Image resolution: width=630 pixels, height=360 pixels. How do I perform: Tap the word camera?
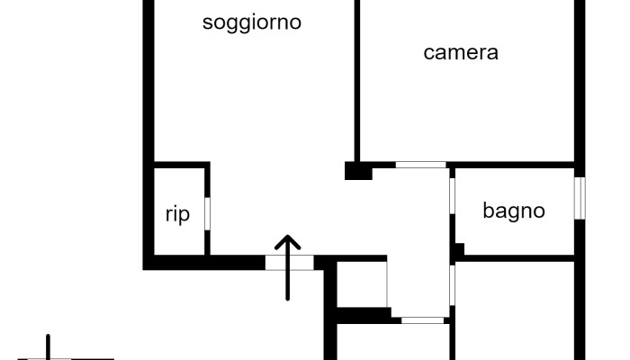[x=461, y=52]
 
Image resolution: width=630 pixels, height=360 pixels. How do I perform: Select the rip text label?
[x=177, y=214]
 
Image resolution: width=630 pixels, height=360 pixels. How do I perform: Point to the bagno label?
[x=514, y=211]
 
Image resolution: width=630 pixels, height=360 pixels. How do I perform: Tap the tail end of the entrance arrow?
[x=287, y=297]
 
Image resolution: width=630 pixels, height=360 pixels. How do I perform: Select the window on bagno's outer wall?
[x=580, y=197]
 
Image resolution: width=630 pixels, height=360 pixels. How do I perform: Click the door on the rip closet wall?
[x=207, y=212]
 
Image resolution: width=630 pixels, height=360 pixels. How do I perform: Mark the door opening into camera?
[x=421, y=165]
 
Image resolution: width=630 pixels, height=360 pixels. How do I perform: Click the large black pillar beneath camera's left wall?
[x=357, y=170]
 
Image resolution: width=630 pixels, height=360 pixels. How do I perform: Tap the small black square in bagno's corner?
[x=458, y=249]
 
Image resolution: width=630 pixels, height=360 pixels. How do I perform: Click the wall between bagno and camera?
[x=513, y=165]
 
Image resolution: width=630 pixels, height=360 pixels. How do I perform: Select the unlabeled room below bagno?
[x=513, y=310]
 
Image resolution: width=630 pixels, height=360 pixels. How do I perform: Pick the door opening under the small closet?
[x=421, y=319]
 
